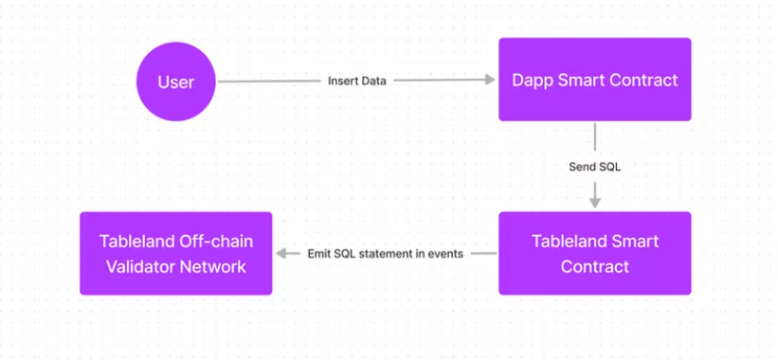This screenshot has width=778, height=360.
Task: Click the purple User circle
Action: (176, 81)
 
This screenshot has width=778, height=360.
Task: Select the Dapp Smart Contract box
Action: (595, 80)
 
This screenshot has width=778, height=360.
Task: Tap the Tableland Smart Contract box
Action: (595, 253)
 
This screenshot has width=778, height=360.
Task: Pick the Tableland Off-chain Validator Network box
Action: (176, 253)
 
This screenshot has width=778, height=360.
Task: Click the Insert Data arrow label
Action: (356, 81)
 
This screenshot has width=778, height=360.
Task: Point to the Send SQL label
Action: (594, 167)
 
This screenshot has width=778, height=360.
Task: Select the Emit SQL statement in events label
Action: (386, 254)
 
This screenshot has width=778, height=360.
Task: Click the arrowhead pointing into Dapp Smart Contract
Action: (490, 80)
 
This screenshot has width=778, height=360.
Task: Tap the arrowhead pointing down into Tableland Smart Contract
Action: (595, 203)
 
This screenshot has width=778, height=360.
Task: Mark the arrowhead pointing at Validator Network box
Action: (281, 253)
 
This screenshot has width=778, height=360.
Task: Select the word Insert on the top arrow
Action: (340, 81)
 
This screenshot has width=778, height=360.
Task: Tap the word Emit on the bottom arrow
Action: (317, 254)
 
